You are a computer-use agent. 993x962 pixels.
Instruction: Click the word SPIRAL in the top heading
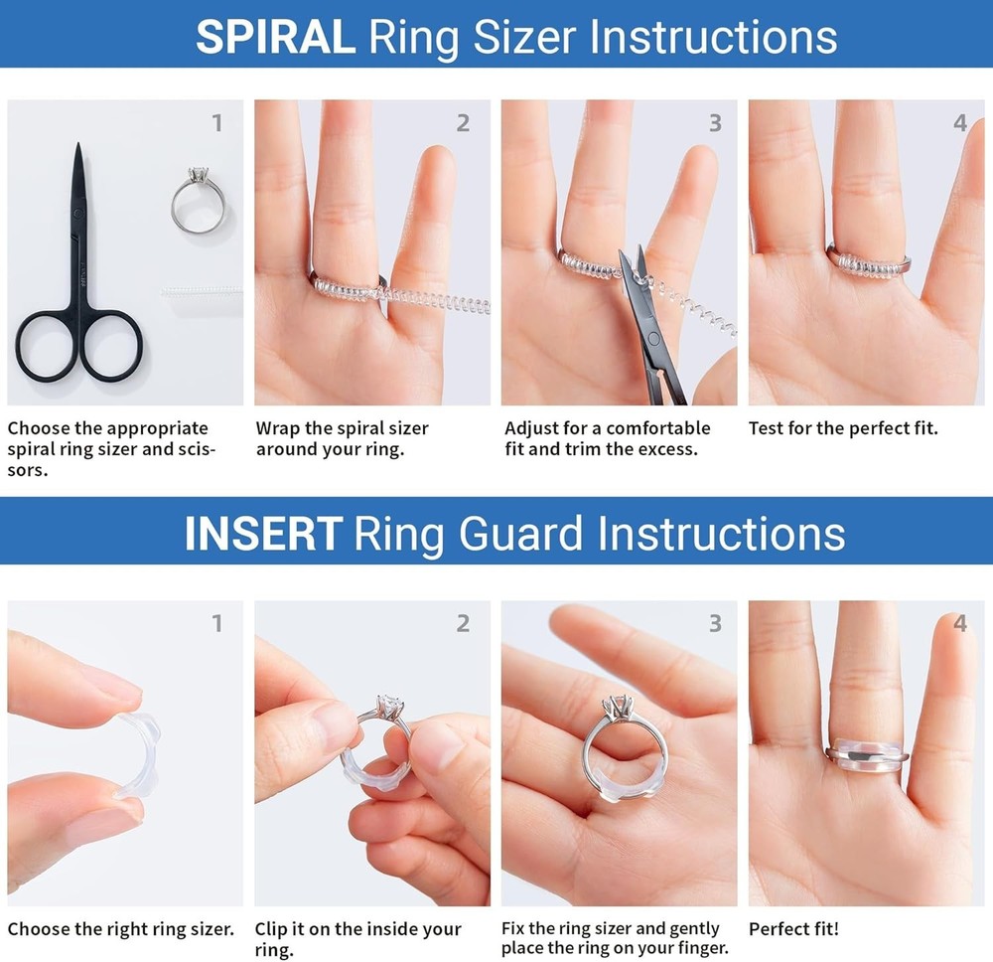[274, 37]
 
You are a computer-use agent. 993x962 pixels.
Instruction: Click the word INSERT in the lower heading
[262, 533]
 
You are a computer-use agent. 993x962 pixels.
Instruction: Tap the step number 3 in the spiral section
[715, 123]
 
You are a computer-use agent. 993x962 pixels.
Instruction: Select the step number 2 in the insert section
[463, 623]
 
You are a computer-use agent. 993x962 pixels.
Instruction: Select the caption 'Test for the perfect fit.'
[842, 429]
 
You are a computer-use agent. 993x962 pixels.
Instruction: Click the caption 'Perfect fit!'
[793, 930]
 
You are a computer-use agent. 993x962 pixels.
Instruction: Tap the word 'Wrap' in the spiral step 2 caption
[279, 429]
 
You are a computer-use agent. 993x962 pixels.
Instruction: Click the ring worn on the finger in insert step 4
[864, 753]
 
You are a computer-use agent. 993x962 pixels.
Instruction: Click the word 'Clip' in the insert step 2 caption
[273, 930]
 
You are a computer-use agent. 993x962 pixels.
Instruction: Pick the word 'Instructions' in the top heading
[713, 37]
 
